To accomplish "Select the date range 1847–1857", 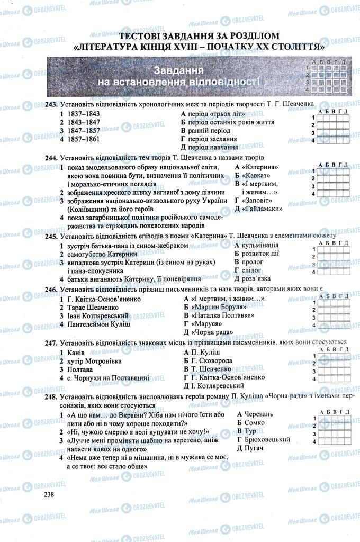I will [x=83, y=130].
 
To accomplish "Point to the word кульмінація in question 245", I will [x=260, y=246].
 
